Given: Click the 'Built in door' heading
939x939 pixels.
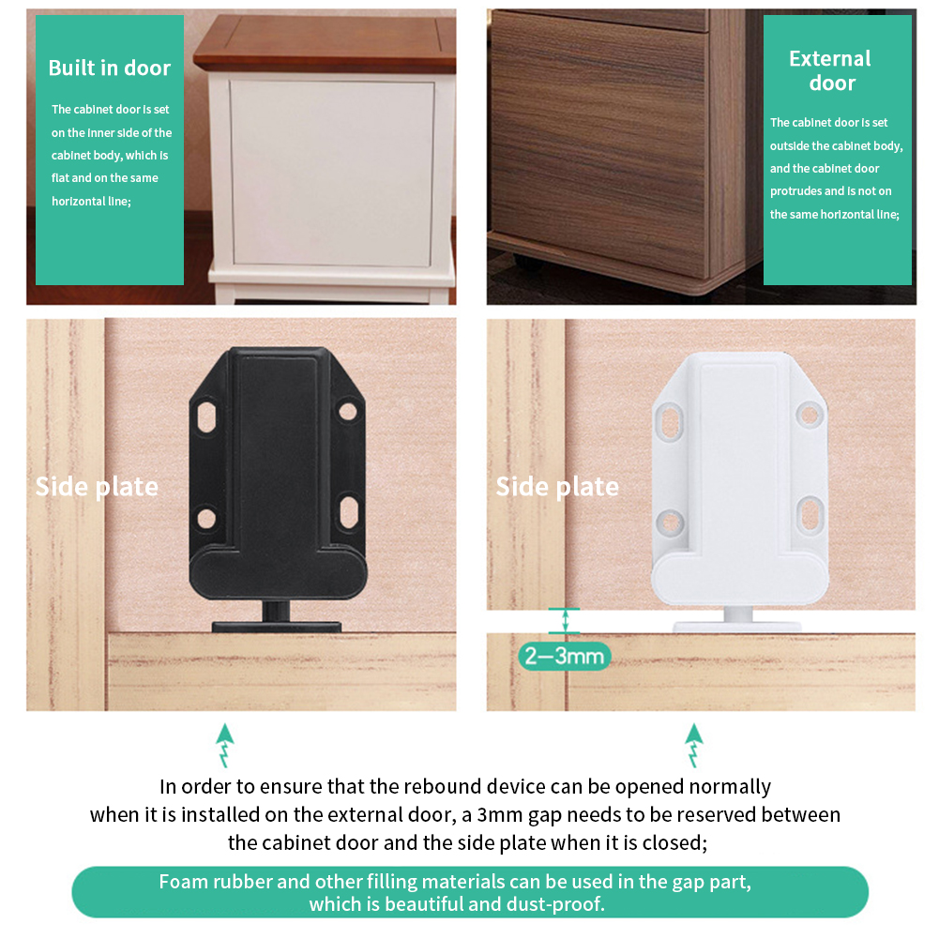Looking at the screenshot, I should point(110,68).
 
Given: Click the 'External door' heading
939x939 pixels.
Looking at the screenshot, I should point(830,70).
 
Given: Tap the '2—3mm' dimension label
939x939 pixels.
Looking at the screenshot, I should point(564,655).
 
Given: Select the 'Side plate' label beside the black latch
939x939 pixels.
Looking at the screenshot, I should point(97,487).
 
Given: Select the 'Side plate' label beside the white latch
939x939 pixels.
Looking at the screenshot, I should point(557,487).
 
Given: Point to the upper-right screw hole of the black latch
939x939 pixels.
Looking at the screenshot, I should point(348,411).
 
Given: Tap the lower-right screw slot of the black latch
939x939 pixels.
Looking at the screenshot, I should point(347,511).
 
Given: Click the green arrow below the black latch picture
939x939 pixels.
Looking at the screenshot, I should point(224,746).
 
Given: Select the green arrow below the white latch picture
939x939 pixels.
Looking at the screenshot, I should point(694,746).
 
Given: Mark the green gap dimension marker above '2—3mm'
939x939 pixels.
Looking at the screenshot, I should point(565,621).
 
